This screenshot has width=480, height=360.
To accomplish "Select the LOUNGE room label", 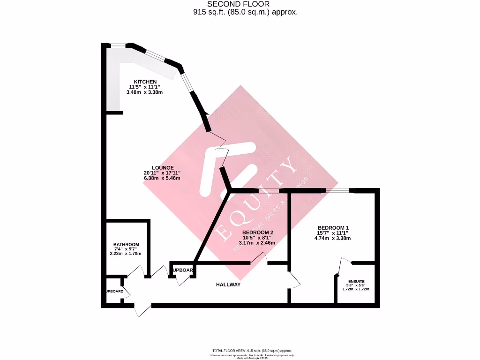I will [x=163, y=168].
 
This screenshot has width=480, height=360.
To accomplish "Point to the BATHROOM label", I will [x=126, y=245].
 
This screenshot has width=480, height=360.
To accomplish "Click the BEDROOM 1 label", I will [x=332, y=228].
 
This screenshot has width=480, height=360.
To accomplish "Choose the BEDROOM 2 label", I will [x=257, y=232].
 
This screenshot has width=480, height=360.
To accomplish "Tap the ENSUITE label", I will [x=356, y=281].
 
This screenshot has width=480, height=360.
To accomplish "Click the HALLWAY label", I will [x=228, y=285].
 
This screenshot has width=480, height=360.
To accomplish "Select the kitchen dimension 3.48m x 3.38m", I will [x=144, y=92].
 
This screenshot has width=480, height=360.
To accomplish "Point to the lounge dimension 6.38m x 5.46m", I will [x=162, y=179].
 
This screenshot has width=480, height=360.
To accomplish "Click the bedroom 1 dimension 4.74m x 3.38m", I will [x=332, y=238].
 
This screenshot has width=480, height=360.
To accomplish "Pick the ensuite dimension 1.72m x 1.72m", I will [x=356, y=289].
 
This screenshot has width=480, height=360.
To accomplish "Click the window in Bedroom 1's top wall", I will [x=337, y=190].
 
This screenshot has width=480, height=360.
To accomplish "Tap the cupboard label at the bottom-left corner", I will [x=114, y=292].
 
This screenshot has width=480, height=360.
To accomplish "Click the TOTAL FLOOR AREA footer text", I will [x=252, y=351].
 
